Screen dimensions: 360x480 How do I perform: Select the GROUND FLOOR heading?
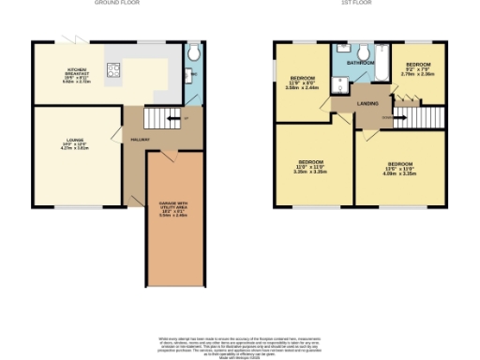(x=116, y=4)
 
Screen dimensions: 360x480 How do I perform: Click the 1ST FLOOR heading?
(x=355, y=4)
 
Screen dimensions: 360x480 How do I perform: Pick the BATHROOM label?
(x=361, y=63)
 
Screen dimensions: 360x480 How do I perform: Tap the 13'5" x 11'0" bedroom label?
(x=400, y=168)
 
